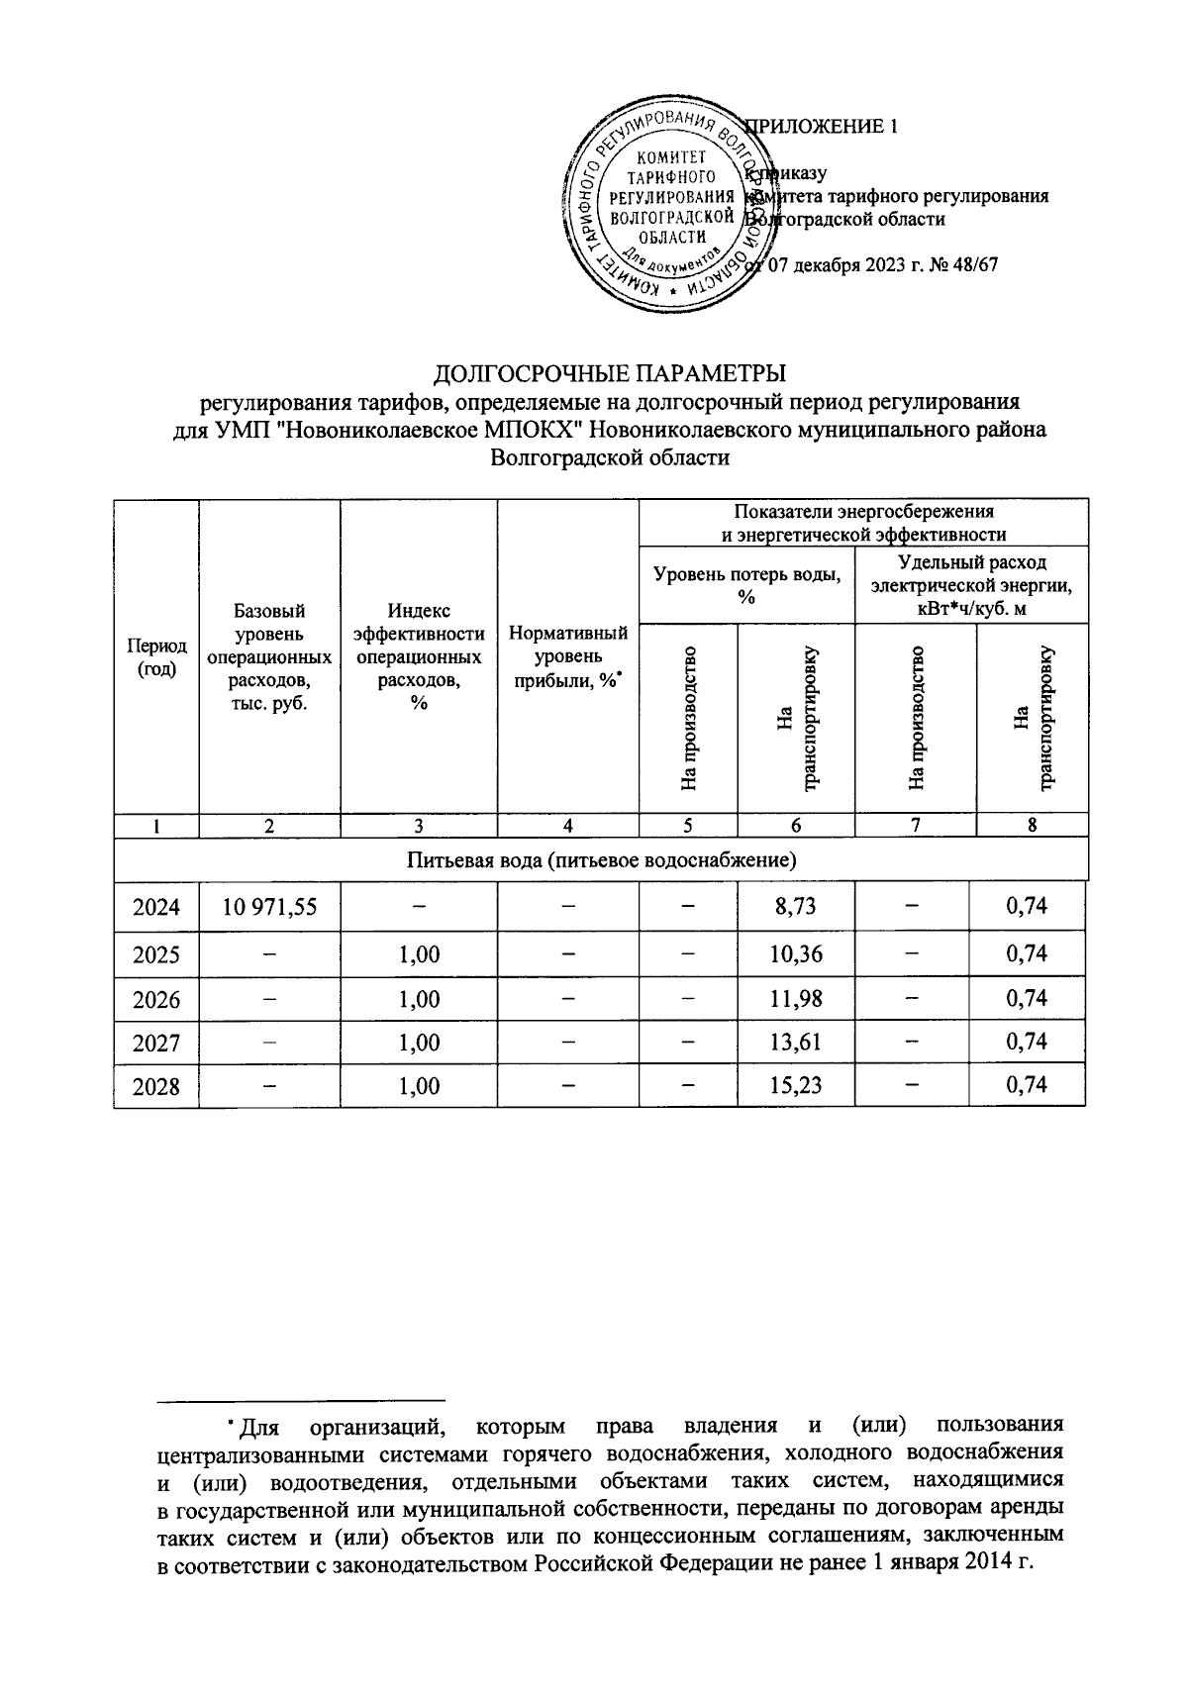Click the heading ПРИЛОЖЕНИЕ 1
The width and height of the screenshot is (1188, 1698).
(x=822, y=127)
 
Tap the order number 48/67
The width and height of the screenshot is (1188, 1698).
(x=974, y=265)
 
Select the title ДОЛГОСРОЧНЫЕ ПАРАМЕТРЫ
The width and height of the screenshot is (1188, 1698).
(x=610, y=374)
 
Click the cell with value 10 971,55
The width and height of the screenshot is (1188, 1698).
(x=269, y=906)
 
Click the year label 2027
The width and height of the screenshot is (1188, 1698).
(x=156, y=1042)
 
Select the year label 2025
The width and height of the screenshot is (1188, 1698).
(x=156, y=954)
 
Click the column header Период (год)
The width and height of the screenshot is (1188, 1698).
(x=156, y=656)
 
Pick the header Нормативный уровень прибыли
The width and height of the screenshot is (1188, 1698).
(x=567, y=656)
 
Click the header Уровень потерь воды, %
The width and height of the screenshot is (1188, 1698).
(x=746, y=585)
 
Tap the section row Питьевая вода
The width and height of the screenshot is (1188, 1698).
(x=602, y=859)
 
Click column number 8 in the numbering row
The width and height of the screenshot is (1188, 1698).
(x=1031, y=825)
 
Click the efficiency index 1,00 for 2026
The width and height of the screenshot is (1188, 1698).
(x=419, y=999)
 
